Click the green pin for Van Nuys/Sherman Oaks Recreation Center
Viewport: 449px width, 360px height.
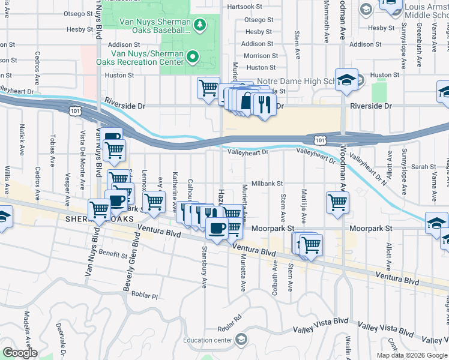pyautogui.click(x=193, y=57)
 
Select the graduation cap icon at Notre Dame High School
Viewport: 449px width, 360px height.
pyautogui.click(x=346, y=80)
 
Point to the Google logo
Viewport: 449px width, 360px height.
pyautogui.click(x=20, y=353)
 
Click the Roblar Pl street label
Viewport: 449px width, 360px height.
pyautogui.click(x=146, y=296)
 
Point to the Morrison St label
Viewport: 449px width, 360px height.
pyautogui.click(x=257, y=56)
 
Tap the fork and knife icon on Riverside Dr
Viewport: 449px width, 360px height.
pyautogui.click(x=265, y=104)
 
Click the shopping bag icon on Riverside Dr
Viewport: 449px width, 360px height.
pyautogui.click(x=246, y=101)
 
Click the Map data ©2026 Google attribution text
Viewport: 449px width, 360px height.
pyautogui.click(x=412, y=355)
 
